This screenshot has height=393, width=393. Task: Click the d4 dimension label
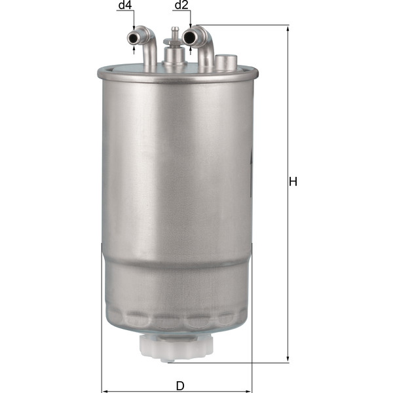125,6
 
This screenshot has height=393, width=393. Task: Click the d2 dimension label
181,6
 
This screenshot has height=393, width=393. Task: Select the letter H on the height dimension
293,181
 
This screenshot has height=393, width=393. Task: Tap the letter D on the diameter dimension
179,386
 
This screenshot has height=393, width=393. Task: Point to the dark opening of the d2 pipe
191,37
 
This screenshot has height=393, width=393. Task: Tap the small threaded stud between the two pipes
175,33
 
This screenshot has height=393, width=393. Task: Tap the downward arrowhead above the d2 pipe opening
191,26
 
